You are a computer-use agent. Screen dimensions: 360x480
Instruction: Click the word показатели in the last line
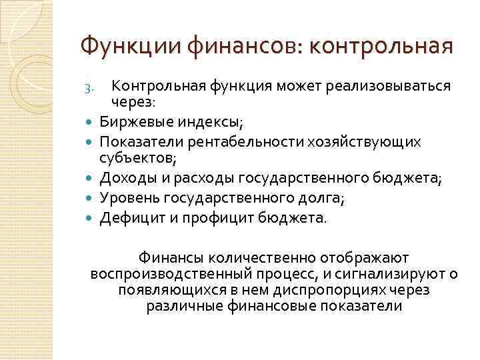[362, 307]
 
